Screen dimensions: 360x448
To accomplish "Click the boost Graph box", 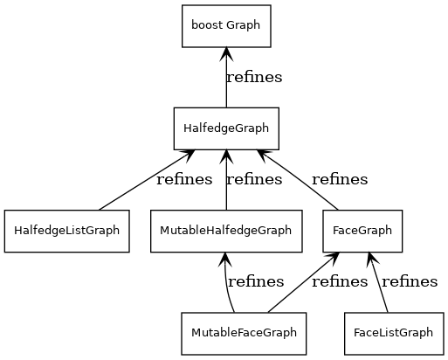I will coord(225,25).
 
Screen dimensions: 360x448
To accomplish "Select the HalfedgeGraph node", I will coord(225,128).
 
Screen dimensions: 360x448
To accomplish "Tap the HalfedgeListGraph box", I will coord(66,232).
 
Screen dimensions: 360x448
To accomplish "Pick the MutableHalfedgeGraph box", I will coord(225,232).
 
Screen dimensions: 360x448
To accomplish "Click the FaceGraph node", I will coord(362,232).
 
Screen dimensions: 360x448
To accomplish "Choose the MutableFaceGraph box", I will coord(244,333).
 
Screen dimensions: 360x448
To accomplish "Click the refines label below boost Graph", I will coord(254,77).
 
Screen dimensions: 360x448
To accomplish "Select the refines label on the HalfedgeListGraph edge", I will coord(183,180).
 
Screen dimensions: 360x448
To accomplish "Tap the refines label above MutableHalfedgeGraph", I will coord(254,180).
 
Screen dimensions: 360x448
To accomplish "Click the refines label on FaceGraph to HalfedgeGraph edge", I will coord(339,180).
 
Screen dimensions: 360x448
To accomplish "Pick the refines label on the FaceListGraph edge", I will coord(410,281).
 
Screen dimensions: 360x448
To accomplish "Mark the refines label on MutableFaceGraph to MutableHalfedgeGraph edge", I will coord(255,281).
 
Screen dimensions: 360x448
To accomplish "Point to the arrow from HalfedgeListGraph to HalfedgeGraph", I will coord(144,181).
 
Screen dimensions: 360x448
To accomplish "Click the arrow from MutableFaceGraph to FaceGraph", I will coord(302,283).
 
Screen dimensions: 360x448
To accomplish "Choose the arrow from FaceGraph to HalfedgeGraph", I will coord(300,181).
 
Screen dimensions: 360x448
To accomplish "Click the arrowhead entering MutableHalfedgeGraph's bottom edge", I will coord(225,259).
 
